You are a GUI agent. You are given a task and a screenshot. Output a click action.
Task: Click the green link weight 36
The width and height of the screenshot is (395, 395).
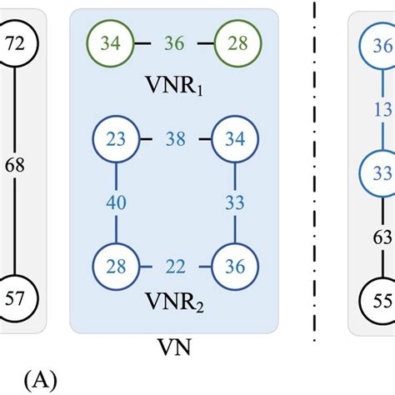pyautogui.click(x=174, y=42)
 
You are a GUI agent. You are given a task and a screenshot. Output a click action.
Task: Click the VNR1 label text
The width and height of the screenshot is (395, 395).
pyautogui.click(x=173, y=86)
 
